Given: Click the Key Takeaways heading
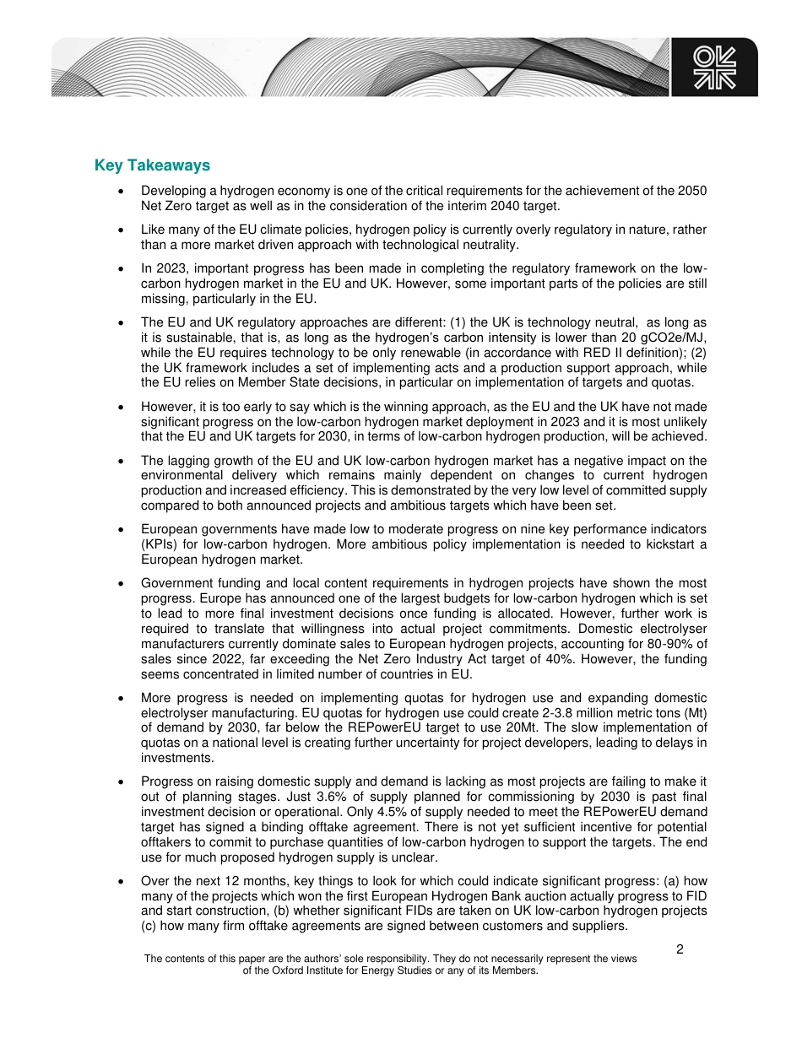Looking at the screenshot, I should [152, 165].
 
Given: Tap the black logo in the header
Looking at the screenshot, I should [714, 67].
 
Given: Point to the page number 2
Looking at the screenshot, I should [680, 949].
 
